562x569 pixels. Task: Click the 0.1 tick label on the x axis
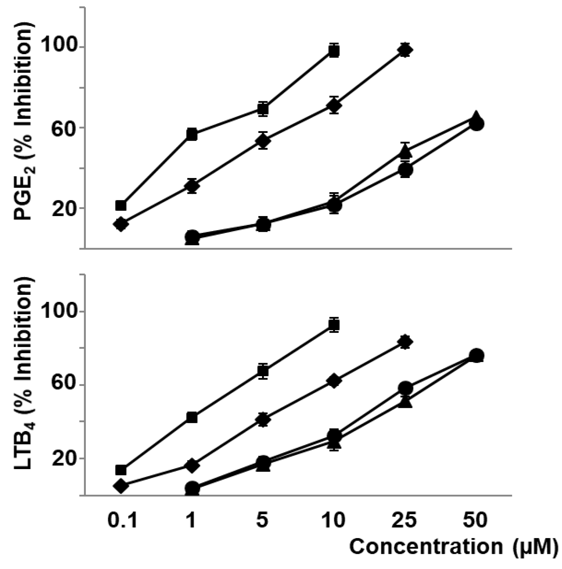(x=122, y=520)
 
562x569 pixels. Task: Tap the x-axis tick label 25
(x=405, y=520)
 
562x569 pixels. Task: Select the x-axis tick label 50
(x=475, y=520)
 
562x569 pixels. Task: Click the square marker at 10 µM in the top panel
(x=334, y=51)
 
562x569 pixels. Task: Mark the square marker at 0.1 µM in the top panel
(x=121, y=205)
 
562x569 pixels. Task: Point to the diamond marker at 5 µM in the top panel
(x=263, y=140)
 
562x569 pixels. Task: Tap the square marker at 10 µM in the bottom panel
(x=334, y=325)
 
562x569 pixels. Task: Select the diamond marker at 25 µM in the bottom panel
(x=405, y=342)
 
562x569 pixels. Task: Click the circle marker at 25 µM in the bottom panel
(x=406, y=388)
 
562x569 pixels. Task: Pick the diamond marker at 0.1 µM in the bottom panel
(x=121, y=486)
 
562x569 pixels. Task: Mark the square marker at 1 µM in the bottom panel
(x=192, y=417)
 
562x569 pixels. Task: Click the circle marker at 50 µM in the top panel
(x=477, y=124)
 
